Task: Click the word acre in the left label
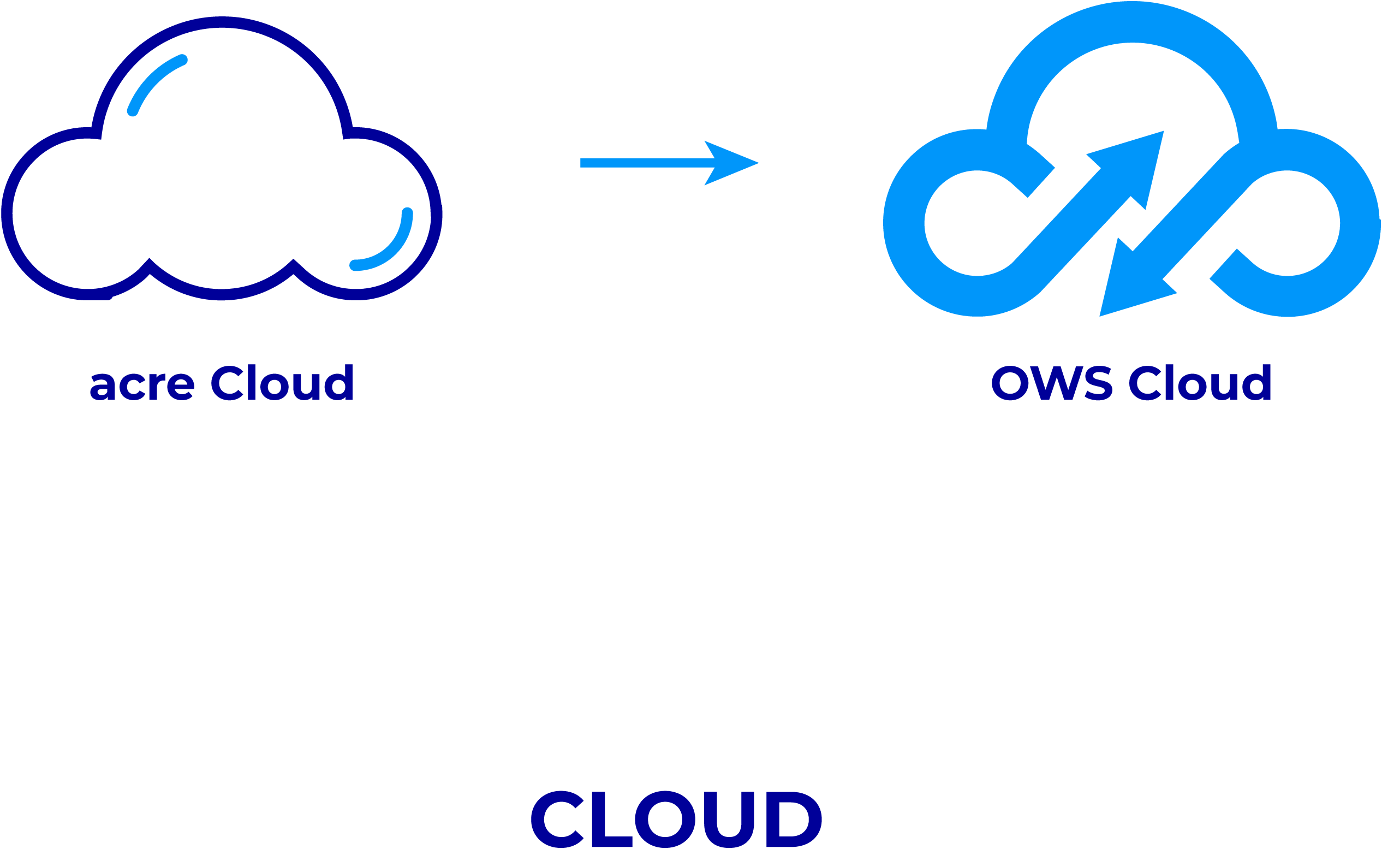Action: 142,384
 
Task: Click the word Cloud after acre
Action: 282,383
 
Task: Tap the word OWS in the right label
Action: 1051,383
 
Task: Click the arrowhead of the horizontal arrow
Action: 732,163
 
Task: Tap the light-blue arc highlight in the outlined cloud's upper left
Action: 154,82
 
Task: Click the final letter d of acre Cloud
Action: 338,383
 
